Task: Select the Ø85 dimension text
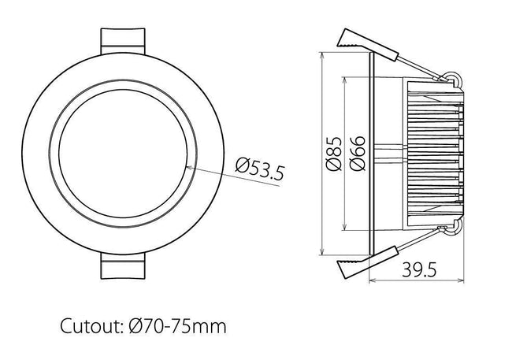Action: [x=332, y=153]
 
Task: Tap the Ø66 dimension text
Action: [x=356, y=153]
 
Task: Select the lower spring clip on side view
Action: [x=354, y=266]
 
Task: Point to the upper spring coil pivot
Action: [x=451, y=77]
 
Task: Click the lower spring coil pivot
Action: [x=451, y=229]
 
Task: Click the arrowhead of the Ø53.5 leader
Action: [x=189, y=166]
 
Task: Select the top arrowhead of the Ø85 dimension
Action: [x=322, y=56]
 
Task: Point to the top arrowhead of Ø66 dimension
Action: [x=346, y=80]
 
